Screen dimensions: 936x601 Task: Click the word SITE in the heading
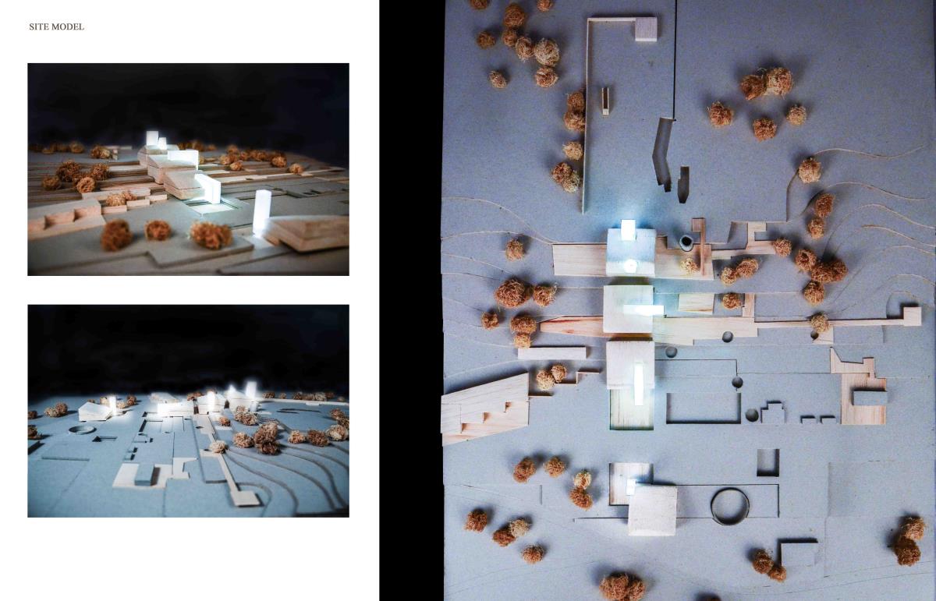[x=36, y=27]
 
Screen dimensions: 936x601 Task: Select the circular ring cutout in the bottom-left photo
[x=79, y=430]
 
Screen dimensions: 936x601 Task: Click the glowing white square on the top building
[x=628, y=230]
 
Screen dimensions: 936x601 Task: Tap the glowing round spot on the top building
[x=629, y=265]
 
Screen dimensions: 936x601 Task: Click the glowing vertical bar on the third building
[x=639, y=384]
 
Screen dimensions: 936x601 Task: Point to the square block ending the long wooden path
[x=912, y=316]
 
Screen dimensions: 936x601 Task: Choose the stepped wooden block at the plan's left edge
[x=484, y=408]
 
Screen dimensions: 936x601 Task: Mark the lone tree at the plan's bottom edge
[x=622, y=587]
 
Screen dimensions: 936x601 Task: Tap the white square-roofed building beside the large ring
[x=652, y=510]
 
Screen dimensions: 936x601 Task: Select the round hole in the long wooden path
[x=727, y=337]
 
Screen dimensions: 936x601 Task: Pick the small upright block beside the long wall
[x=605, y=101]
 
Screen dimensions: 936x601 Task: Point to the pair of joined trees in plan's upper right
[x=766, y=84]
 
